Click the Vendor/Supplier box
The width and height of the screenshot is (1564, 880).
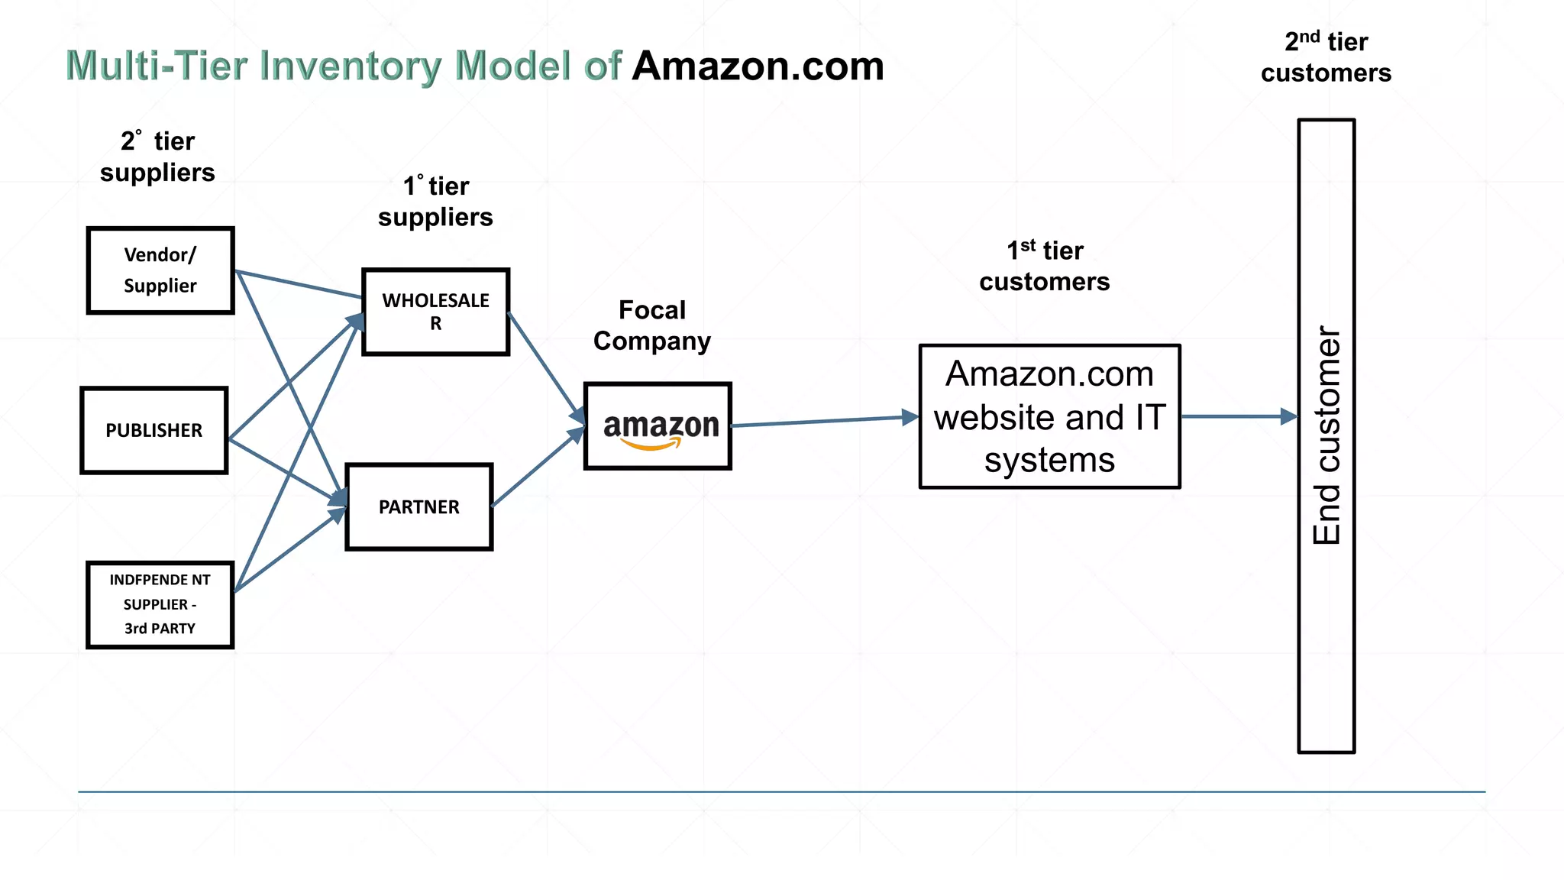pos(160,270)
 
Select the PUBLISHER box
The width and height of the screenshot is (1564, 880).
pos(154,430)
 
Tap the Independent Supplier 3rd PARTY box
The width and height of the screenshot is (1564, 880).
pos(160,604)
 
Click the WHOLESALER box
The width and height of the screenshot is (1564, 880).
pos(435,312)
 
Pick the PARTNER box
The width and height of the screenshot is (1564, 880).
pos(418,506)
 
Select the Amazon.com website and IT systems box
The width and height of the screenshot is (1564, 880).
pos(1049,416)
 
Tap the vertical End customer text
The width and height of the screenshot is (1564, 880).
pos(1326,435)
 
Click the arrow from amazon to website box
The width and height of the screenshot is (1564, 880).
pos(825,421)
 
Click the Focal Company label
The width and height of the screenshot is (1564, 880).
pos(652,325)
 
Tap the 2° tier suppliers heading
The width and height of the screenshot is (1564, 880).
pos(157,157)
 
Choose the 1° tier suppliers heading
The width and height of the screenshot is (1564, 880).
pos(435,202)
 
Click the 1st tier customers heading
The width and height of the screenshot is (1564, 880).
pos(1044,266)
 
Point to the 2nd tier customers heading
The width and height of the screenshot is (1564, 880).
pos(1326,57)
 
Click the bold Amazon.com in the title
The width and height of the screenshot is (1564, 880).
pos(758,66)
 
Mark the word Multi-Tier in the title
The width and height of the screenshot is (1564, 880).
pos(157,66)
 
